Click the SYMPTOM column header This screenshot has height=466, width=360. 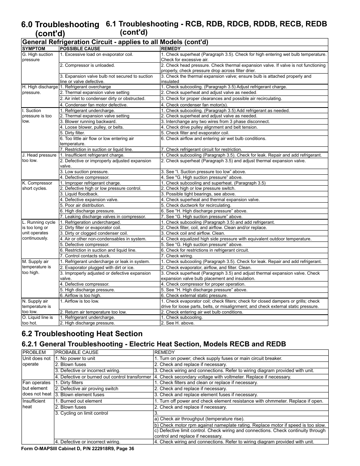(34, 49)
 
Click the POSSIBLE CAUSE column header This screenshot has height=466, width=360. (80, 49)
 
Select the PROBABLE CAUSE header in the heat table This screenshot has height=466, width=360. (74, 352)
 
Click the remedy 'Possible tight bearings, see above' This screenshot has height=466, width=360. (198, 194)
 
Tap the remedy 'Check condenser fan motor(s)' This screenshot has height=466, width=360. (194, 105)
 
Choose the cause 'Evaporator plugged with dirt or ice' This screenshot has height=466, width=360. (97, 268)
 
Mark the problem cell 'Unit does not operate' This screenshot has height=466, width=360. (36, 361)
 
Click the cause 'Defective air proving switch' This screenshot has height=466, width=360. (86, 389)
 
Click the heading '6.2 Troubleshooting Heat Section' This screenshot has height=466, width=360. (82, 334)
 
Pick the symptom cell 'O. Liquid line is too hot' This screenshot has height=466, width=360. (37, 320)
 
